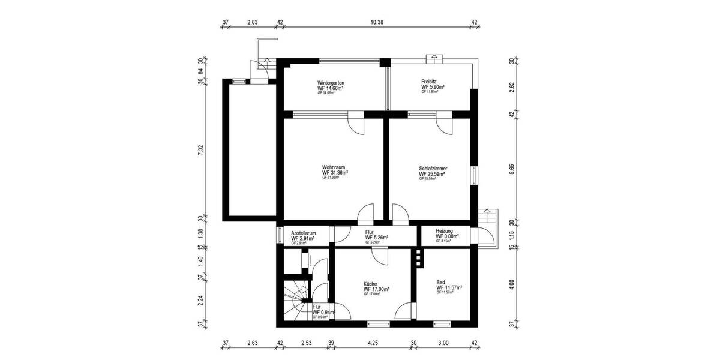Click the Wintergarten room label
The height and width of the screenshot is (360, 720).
331,83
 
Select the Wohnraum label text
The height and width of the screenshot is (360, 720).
334,167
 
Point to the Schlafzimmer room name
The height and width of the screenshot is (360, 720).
433,169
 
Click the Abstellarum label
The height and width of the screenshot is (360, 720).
303,233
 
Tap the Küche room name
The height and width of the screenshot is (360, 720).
371,283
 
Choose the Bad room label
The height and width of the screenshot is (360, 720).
440,282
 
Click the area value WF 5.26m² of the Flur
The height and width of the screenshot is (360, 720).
376,238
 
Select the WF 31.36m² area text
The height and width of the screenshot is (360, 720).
335,173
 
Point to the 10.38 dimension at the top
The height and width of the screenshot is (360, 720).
377,22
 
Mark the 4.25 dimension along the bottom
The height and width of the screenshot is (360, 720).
373,344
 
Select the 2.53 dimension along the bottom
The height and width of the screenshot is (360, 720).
306,344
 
